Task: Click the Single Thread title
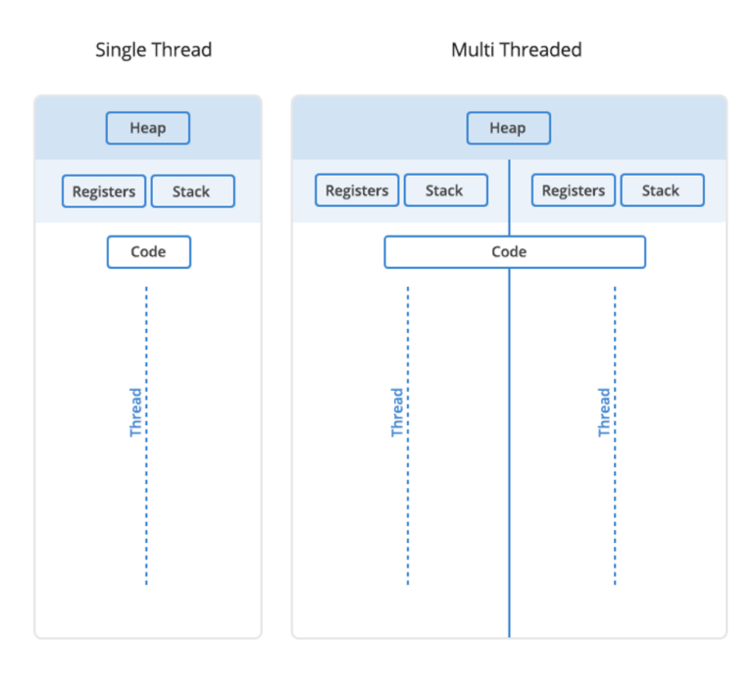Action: [x=153, y=49]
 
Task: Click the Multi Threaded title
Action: [x=516, y=49]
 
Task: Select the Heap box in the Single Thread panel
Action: [x=148, y=129]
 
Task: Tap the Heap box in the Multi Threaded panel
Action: [x=508, y=129]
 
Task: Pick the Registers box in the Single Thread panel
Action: [x=104, y=191]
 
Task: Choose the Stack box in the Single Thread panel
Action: [x=192, y=191]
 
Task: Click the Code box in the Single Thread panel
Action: [x=148, y=252]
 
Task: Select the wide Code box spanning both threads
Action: [x=515, y=252]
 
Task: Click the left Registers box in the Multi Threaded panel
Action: [x=357, y=190]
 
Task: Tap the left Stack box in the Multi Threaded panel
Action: [x=445, y=190]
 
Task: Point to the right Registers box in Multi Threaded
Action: [x=574, y=190]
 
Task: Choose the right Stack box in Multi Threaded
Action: [x=662, y=190]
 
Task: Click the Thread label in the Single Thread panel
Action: [x=136, y=412]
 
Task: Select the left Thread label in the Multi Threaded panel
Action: [x=397, y=412]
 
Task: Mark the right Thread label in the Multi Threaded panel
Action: [x=604, y=412]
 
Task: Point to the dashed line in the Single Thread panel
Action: [x=146, y=510]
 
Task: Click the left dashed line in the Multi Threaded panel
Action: [x=408, y=510]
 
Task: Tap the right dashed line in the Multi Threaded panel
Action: [x=615, y=510]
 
